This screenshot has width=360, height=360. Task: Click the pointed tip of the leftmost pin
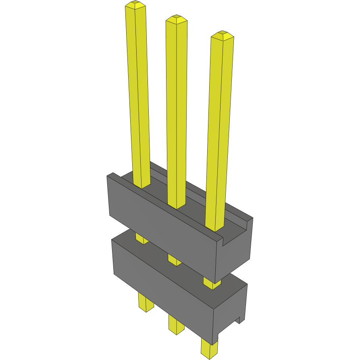135,5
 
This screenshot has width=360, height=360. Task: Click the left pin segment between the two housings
141,239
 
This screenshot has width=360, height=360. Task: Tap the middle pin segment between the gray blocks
174,260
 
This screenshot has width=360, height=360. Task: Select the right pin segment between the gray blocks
211,283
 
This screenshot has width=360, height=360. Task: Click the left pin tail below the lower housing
146,302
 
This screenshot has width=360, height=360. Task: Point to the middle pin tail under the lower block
176,324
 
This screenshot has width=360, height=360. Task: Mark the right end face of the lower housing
232,308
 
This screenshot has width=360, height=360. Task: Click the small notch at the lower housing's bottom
238,320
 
